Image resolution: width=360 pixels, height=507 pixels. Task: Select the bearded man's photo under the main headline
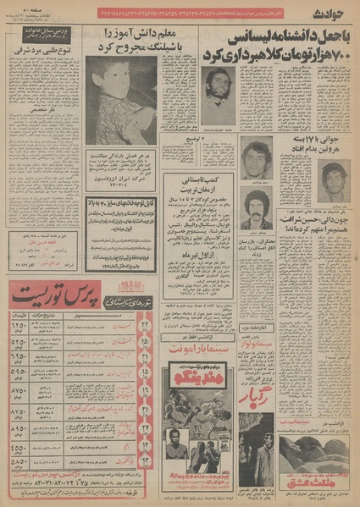point(218,94)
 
